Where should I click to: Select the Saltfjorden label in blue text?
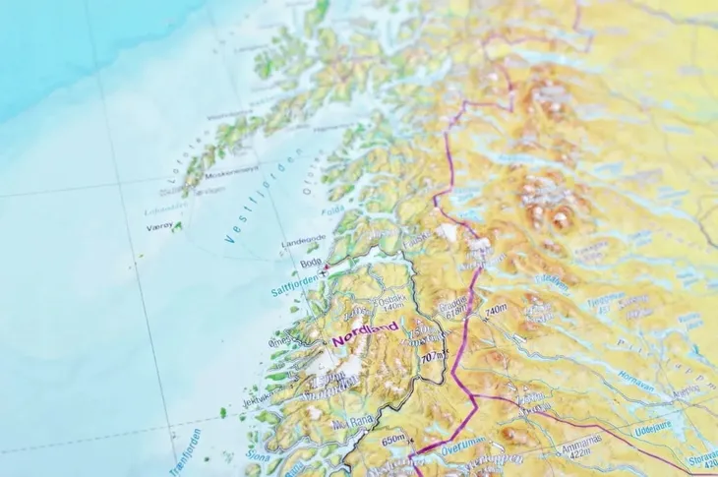click(296, 286)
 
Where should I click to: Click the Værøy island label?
click(159, 225)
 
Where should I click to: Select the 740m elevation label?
click(494, 309)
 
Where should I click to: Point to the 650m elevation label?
click(393, 439)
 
